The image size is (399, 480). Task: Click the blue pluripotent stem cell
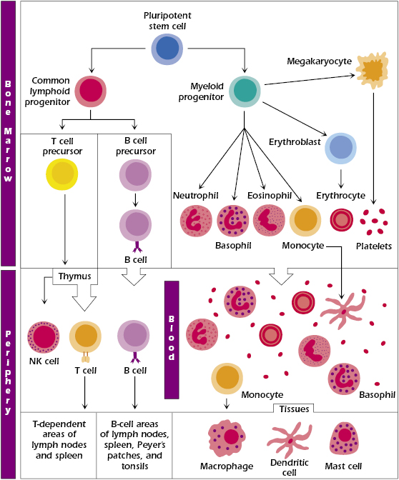tap(167, 49)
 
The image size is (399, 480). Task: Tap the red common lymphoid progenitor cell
tap(91, 91)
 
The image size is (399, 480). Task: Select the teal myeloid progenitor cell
tap(245, 91)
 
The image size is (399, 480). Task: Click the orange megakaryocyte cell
tap(373, 71)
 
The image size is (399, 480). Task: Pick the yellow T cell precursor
tap(62, 174)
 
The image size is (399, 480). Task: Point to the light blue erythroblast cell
tap(340, 148)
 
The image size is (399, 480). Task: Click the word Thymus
tap(75, 276)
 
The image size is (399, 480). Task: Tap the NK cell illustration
tap(44, 337)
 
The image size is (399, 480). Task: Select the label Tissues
tap(294, 409)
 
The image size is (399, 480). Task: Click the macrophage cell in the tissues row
tap(227, 439)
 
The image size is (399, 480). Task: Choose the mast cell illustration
tap(344, 439)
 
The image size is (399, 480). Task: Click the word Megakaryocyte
tap(319, 61)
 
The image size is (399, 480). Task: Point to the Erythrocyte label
tap(340, 195)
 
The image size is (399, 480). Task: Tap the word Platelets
tap(373, 246)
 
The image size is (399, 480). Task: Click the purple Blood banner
tap(172, 340)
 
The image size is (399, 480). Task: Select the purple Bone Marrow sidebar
tap(9, 134)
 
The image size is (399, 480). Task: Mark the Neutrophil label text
tap(195, 195)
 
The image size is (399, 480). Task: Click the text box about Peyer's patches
tap(134, 445)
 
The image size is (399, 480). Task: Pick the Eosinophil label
tap(270, 195)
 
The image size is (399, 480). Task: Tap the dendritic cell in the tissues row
tap(290, 440)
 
